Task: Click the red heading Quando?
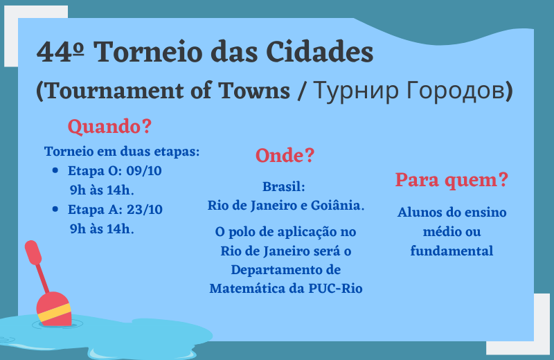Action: pos(109,127)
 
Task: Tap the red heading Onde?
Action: pos(285,156)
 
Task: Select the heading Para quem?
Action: pos(452,181)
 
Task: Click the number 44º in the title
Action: pos(60,52)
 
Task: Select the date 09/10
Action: pos(144,171)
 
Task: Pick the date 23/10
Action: pos(145,210)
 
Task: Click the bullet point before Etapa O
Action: pos(55,170)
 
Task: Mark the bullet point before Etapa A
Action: pos(55,209)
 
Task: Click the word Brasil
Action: pos(283,186)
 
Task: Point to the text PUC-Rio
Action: pos(335,289)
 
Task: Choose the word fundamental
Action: pos(452,251)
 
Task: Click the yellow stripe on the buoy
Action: pos(55,313)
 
